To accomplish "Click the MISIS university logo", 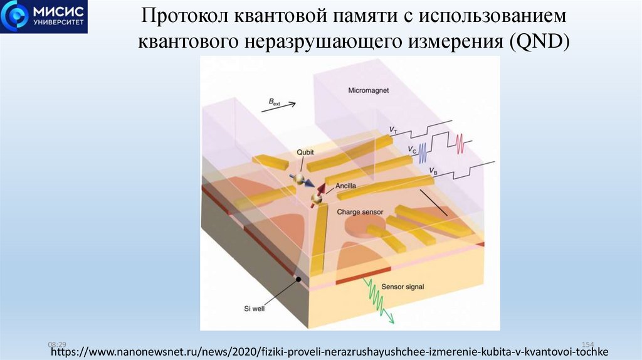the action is click(44, 17).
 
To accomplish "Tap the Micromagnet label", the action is click(368, 90).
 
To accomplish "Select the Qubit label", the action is click(305, 152).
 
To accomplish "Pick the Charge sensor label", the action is click(360, 212).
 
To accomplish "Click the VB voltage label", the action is click(433, 170).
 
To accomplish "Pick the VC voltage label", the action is click(412, 149).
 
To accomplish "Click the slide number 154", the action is click(588, 344).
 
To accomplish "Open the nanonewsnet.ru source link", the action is click(329, 351).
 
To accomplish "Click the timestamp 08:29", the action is click(56, 344).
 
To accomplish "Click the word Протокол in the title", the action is click(184, 16).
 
